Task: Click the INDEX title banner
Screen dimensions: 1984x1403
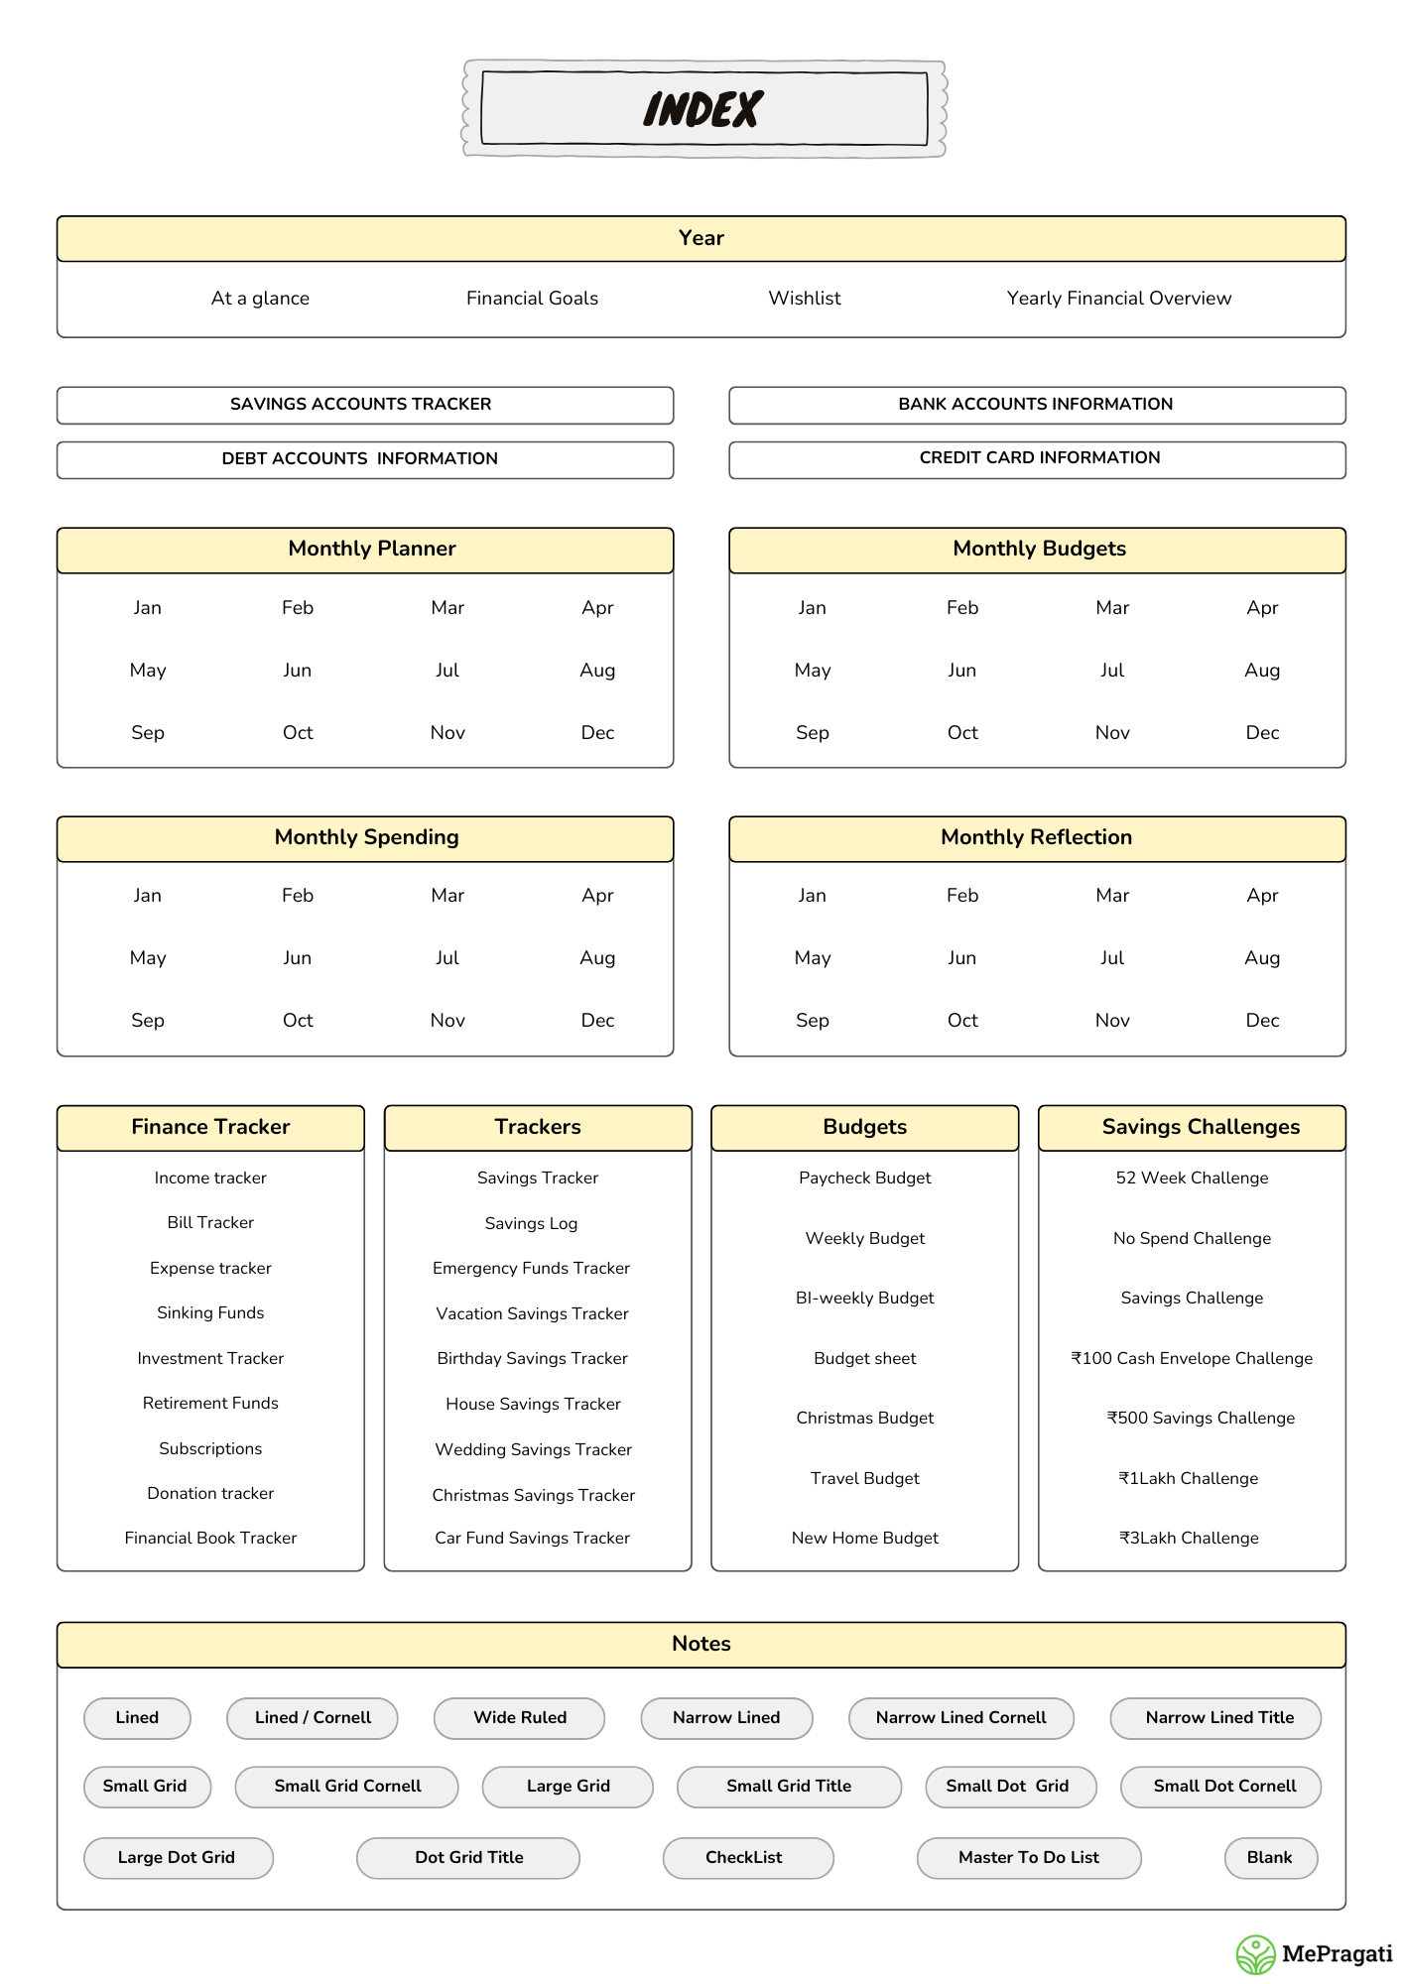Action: tap(703, 109)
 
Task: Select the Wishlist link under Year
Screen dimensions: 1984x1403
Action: tap(805, 299)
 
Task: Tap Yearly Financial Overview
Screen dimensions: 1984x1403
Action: tap(1118, 299)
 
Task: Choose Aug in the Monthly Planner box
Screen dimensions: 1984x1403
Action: tap(597, 671)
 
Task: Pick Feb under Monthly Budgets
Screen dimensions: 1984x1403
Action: tap(961, 608)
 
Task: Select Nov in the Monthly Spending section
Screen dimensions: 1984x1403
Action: tap(447, 1021)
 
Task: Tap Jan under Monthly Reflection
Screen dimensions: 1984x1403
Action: tap(812, 896)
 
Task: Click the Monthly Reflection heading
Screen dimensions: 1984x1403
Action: tap(1036, 838)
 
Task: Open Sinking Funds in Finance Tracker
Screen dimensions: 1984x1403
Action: tap(210, 1313)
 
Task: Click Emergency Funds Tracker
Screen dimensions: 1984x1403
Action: tap(531, 1269)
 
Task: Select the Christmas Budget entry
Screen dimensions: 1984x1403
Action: tap(864, 1419)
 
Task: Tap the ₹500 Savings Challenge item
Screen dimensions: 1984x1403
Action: tap(1201, 1419)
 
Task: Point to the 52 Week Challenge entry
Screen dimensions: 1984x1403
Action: tap(1192, 1178)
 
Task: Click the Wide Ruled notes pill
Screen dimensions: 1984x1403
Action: tap(519, 1718)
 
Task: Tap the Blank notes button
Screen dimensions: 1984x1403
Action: tap(1269, 1858)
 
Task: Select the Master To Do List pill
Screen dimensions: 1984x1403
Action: tap(1028, 1858)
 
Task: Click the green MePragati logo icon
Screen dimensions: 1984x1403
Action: tap(1255, 1955)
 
